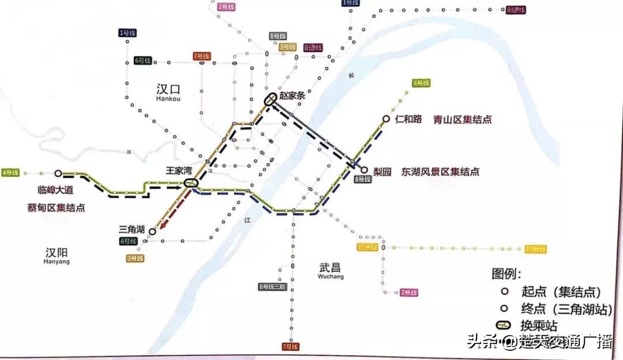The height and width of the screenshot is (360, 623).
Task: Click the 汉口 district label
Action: (168, 89)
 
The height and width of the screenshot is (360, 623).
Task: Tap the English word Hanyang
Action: (57, 261)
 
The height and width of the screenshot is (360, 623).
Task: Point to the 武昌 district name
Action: (330, 268)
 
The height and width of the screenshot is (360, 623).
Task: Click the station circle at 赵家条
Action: (270, 100)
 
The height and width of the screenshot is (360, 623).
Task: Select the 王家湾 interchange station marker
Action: (191, 183)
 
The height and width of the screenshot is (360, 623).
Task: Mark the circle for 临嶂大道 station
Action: (58, 173)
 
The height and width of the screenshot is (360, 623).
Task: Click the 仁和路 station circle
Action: (386, 119)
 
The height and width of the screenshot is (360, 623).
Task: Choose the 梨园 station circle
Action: (364, 170)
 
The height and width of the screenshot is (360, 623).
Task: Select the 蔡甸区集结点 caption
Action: (56, 208)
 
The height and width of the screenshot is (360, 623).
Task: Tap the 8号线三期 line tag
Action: (272, 287)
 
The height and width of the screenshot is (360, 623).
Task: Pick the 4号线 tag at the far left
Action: (10, 172)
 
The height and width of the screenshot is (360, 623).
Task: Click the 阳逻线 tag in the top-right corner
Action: (513, 10)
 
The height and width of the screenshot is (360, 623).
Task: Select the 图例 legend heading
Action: (506, 273)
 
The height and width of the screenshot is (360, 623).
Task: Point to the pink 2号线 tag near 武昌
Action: (408, 292)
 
